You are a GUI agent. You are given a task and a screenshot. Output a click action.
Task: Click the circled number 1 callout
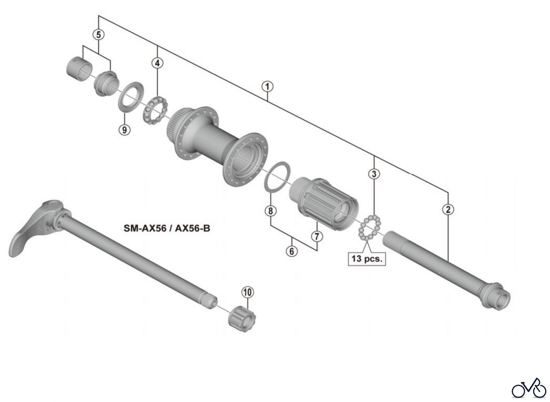pos(267,87)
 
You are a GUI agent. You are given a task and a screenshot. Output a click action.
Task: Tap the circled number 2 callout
pos(448,210)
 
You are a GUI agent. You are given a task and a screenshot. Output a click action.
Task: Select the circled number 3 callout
pos(374,174)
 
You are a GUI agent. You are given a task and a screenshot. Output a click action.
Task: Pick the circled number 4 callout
pos(157,63)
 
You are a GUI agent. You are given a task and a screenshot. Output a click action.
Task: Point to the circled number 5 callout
pos(98,34)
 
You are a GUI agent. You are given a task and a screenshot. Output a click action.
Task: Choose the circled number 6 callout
pos(291,251)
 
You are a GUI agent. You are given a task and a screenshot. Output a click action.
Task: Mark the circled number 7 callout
pos(317,236)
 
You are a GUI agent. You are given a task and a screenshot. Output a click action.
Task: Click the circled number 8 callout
pos(271,211)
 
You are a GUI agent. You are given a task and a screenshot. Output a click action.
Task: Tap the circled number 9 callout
pos(124,130)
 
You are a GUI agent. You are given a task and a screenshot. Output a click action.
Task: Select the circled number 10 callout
pos(248,292)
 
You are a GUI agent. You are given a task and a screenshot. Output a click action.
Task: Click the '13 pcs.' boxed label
pos(367,259)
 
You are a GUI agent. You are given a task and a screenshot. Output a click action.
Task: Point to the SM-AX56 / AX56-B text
pos(167,228)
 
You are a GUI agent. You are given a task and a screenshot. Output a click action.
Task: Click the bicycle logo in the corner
pos(529,388)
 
